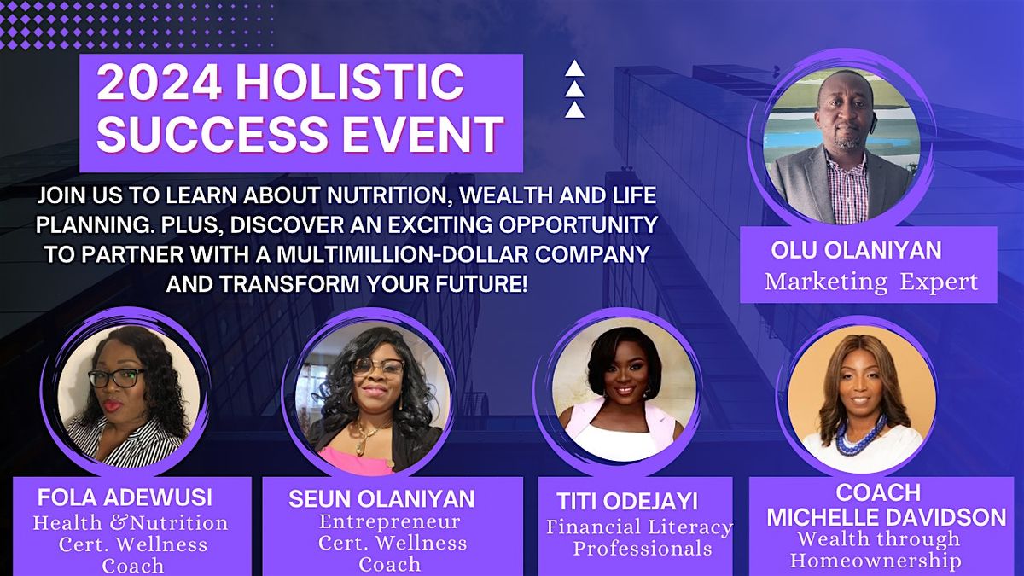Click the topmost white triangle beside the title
tap(575, 70)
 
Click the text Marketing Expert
tap(870, 282)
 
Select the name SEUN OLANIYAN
tap(381, 499)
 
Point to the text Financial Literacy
tap(640, 527)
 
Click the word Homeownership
tap(875, 561)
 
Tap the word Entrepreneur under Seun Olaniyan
tap(389, 521)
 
